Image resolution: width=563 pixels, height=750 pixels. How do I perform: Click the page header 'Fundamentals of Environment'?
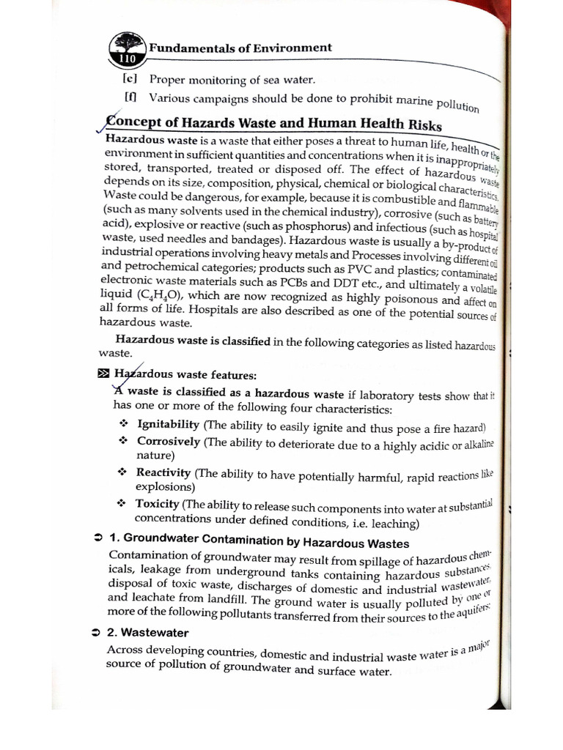pos(240,48)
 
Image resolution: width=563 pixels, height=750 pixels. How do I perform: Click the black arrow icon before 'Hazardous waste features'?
pos(103,374)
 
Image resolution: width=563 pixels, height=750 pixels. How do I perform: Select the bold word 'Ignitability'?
pos(168,425)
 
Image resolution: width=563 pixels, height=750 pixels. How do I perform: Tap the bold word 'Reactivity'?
pos(163,473)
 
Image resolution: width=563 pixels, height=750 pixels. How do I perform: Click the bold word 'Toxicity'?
pos(157,504)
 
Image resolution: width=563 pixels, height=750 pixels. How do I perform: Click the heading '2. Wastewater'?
pos(147,632)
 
